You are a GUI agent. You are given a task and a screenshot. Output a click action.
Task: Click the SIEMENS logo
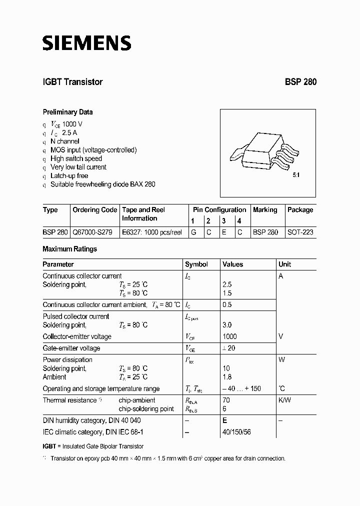click(x=86, y=43)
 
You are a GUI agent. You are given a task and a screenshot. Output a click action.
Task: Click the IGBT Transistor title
click(x=72, y=82)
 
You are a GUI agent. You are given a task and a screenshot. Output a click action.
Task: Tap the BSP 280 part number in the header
click(x=300, y=82)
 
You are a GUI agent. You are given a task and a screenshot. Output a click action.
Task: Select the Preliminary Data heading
click(x=67, y=112)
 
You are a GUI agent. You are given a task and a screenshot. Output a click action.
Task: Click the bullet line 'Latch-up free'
click(x=69, y=175)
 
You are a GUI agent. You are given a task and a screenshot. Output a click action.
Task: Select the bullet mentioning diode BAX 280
click(x=102, y=184)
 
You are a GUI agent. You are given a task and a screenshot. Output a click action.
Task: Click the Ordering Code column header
click(x=94, y=210)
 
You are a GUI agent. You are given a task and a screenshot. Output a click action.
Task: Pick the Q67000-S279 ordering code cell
click(x=92, y=232)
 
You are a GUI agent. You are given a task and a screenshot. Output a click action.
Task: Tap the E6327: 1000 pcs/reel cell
click(x=151, y=232)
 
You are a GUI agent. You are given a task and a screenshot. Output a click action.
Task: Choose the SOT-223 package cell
click(x=300, y=232)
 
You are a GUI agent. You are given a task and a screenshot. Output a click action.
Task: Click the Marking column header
click(x=265, y=210)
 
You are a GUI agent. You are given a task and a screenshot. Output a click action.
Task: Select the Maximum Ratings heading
click(x=69, y=249)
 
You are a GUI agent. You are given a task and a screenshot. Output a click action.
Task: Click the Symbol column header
click(x=196, y=264)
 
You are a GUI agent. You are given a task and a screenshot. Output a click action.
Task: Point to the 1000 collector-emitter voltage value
click(x=229, y=336)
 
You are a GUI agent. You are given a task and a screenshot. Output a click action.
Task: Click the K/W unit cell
click(x=284, y=400)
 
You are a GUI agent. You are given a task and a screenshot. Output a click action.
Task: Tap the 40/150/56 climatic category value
click(x=237, y=431)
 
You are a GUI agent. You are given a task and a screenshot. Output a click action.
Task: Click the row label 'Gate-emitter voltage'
click(x=71, y=348)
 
